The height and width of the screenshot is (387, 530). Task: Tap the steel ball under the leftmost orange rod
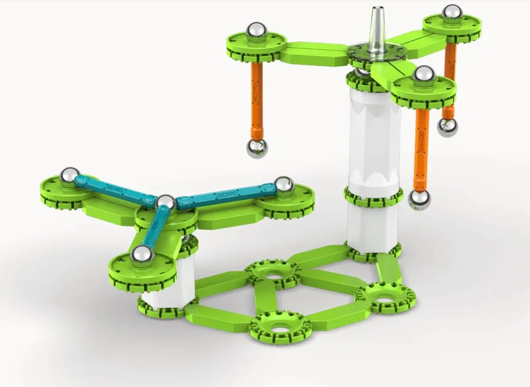[257, 148]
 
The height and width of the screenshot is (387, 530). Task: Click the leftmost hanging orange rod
[257, 98]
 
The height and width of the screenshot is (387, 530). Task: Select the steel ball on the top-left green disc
[256, 32]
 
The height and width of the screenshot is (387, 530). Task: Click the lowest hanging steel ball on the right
[420, 199]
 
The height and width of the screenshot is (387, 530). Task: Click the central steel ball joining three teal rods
[166, 203]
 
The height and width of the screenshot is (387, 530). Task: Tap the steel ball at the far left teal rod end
[69, 176]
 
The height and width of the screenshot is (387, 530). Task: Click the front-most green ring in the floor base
[280, 327]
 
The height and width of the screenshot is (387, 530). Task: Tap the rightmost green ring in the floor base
[385, 296]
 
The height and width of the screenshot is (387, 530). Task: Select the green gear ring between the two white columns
[373, 197]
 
